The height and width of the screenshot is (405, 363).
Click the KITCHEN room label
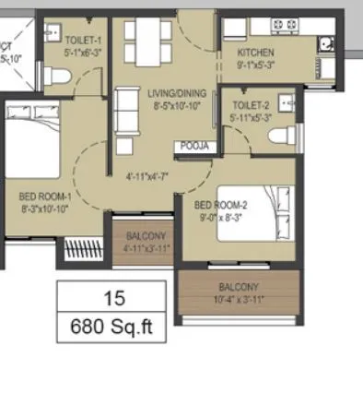pyautogui.click(x=253, y=54)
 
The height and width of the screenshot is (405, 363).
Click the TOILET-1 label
pyautogui.click(x=85, y=41)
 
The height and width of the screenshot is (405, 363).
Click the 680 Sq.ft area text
pyautogui.click(x=112, y=327)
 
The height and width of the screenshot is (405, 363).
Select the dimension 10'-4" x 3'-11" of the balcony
pyautogui.click(x=240, y=299)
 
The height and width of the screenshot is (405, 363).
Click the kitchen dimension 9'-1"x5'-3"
pyautogui.click(x=253, y=66)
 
